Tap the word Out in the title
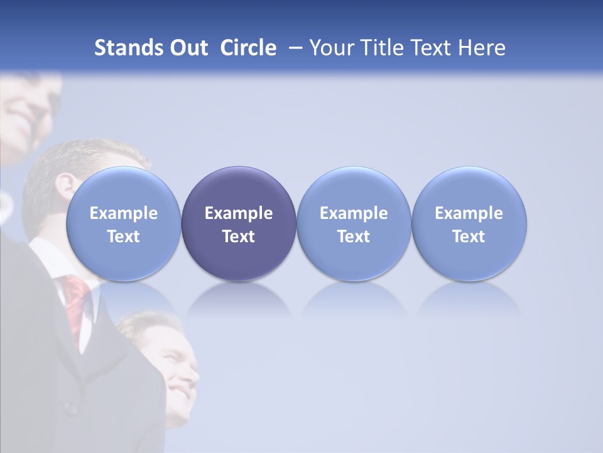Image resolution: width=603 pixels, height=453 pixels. tap(187, 48)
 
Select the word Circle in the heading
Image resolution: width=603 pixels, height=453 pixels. tap(248, 48)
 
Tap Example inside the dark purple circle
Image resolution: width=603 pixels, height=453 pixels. tap(238, 213)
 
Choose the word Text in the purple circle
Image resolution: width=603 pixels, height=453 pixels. tap(238, 237)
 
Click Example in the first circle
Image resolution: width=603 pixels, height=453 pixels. tap(123, 213)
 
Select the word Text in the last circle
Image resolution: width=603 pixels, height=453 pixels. tap(469, 237)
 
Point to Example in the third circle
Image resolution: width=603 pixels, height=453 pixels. tap(354, 213)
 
